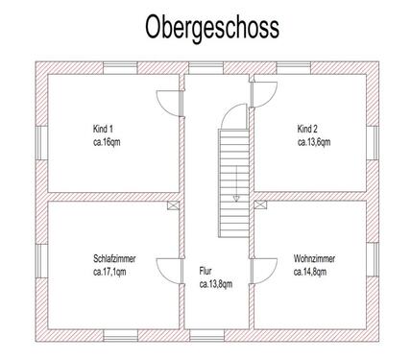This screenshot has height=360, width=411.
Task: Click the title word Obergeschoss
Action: click(x=212, y=28)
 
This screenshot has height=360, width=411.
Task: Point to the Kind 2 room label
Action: click(x=306, y=129)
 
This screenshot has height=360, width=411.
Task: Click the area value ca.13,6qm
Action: click(x=314, y=142)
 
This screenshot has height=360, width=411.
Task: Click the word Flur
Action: click(x=206, y=271)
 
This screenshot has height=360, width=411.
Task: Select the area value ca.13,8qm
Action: click(x=217, y=284)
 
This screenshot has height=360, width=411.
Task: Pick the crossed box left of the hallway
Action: click(x=172, y=205)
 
